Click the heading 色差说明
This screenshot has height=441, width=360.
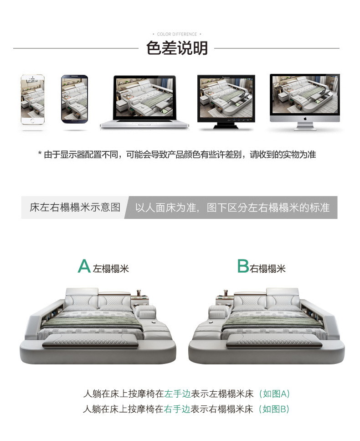point(177,48)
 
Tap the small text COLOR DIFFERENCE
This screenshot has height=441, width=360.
point(177,34)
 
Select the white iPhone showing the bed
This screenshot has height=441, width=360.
point(33,99)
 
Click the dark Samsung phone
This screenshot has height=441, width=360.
point(74,99)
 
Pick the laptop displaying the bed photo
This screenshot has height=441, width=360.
point(144,102)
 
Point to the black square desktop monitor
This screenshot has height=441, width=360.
point(226,102)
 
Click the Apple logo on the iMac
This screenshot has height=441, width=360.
point(305,119)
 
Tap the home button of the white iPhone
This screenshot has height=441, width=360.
point(33,121)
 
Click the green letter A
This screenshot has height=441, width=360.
point(84,266)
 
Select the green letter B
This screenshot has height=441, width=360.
point(243,266)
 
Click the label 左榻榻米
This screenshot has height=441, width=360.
point(111,269)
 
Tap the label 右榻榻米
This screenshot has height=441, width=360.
point(267,269)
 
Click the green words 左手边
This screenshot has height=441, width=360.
point(177,394)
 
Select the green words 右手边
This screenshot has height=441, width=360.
point(177,409)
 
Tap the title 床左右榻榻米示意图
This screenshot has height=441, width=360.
point(75,208)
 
